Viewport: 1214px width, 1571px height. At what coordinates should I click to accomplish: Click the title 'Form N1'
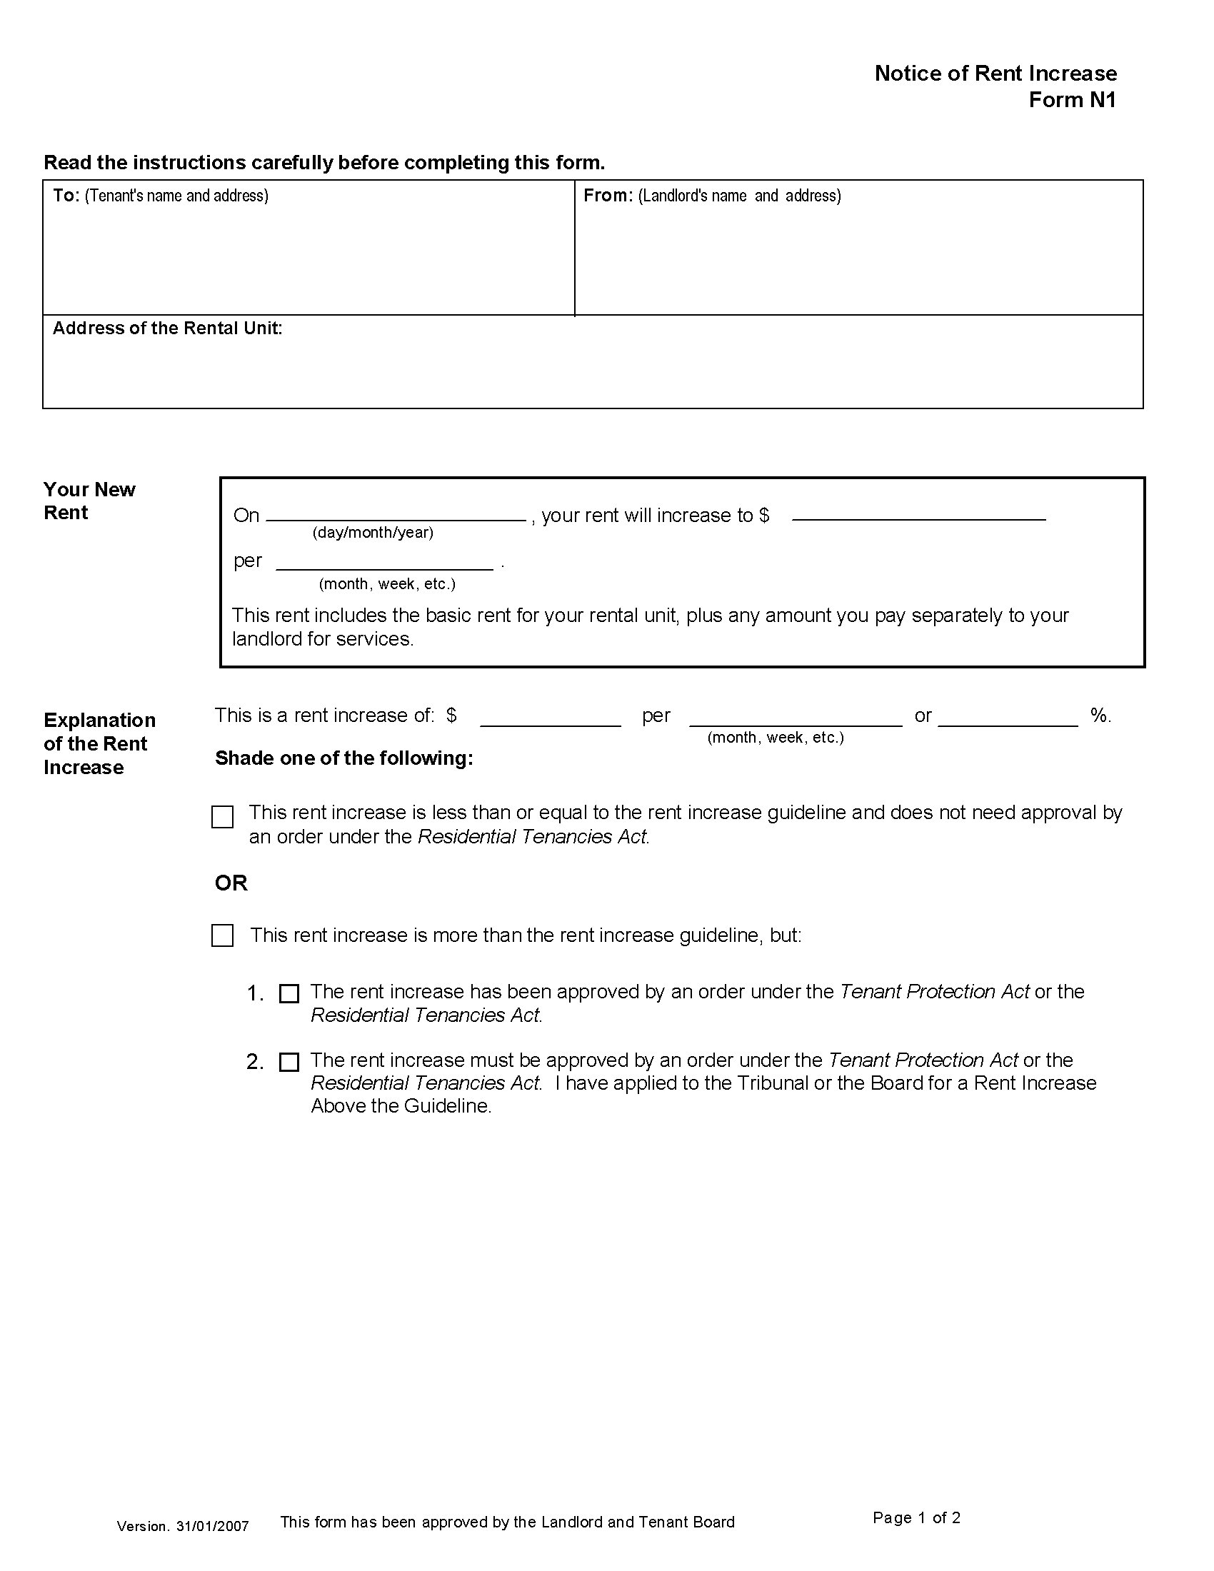1072,100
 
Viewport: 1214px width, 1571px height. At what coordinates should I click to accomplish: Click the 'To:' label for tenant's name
66,196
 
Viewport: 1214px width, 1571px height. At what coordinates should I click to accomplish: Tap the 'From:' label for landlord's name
608,196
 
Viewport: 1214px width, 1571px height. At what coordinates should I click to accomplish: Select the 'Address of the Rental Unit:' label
167,328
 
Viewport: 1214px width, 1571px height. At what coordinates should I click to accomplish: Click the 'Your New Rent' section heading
89,501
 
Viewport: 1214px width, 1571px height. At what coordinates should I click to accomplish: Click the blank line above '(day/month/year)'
396,516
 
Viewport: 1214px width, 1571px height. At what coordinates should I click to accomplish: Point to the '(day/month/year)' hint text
373,533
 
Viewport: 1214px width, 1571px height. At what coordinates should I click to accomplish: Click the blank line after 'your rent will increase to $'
918,516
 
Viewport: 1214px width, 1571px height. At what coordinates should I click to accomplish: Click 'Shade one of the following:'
343,758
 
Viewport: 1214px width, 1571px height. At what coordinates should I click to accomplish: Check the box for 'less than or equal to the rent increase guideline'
222,817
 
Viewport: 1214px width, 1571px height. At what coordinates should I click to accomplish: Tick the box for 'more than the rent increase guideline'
222,936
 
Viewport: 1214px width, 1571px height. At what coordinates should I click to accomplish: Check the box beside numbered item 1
289,994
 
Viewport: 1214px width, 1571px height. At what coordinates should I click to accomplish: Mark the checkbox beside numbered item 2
289,1063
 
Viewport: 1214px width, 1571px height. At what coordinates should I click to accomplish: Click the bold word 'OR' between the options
231,883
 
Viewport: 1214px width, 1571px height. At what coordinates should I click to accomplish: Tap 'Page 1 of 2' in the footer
916,1517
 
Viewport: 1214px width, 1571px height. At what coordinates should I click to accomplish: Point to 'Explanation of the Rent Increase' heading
99,744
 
